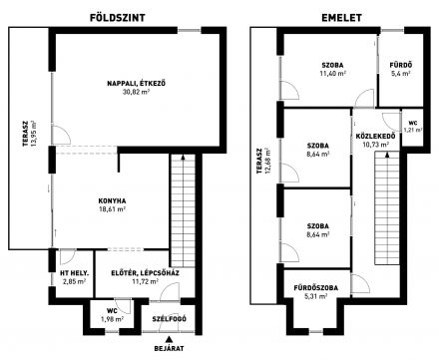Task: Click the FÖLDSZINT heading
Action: [x=118, y=18]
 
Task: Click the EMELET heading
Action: [x=341, y=18]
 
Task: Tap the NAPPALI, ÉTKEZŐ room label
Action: [x=136, y=83]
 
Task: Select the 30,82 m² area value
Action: [x=136, y=92]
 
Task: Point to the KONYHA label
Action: [x=112, y=200]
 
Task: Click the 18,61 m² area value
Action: [x=112, y=209]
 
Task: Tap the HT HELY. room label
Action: [x=75, y=273]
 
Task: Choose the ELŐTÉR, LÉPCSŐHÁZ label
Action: [x=145, y=273]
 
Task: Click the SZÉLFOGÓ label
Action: [x=170, y=319]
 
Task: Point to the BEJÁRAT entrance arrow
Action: [x=170, y=339]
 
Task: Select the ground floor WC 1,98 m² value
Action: [x=112, y=319]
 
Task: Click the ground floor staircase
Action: [x=183, y=210]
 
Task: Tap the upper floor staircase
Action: [x=387, y=207]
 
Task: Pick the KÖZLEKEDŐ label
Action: [x=375, y=136]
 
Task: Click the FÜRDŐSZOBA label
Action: [x=316, y=288]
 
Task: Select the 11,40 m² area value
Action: [x=332, y=74]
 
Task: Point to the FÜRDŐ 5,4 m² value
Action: [x=401, y=74]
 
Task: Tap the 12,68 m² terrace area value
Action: [x=268, y=162]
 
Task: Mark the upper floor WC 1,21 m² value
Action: [x=413, y=130]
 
